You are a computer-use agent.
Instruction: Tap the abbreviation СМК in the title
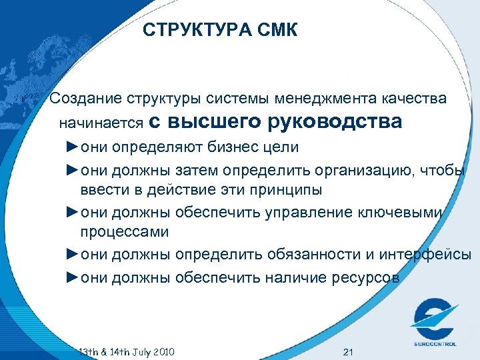(x=275, y=30)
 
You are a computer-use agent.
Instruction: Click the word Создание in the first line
(x=84, y=99)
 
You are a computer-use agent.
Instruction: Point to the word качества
(x=413, y=99)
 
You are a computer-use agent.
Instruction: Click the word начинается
(x=101, y=123)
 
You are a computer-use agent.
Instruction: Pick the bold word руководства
(x=335, y=122)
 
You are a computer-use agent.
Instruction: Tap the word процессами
(x=125, y=232)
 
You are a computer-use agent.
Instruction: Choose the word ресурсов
(x=366, y=277)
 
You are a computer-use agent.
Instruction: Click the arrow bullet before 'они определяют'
(x=72, y=146)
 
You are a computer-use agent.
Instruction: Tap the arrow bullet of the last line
(x=72, y=277)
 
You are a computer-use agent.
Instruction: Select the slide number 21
(x=347, y=351)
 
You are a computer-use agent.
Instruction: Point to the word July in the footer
(x=135, y=351)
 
